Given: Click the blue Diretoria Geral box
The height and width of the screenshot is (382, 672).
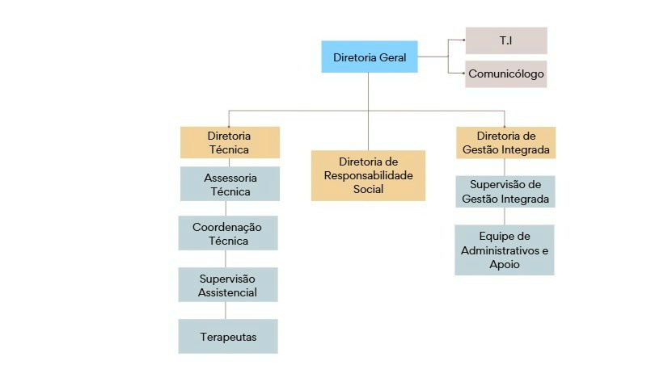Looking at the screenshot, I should (x=369, y=57).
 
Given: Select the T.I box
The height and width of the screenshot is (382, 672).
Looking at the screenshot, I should (x=506, y=40).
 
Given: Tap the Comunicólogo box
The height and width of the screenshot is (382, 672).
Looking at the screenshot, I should (x=506, y=74).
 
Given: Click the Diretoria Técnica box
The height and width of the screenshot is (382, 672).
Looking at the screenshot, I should (x=230, y=142).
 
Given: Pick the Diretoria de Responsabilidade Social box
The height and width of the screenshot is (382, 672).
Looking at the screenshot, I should (x=368, y=175).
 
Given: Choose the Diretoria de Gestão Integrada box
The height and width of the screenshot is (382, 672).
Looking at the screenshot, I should (x=505, y=142).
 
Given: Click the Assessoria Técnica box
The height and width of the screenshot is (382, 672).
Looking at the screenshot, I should (x=230, y=184).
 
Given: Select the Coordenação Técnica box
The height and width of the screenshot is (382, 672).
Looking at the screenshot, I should (x=227, y=233).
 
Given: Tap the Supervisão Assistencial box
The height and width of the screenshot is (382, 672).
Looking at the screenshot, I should (x=228, y=284).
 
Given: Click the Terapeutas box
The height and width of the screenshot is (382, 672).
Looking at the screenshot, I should (x=228, y=337).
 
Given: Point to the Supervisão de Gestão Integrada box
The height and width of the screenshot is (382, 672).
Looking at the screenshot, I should (x=505, y=192).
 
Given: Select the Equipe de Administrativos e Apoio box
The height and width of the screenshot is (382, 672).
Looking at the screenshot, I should (x=505, y=250).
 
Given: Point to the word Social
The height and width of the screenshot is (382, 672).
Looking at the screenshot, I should (x=368, y=189).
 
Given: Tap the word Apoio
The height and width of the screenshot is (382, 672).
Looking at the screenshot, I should (x=505, y=264).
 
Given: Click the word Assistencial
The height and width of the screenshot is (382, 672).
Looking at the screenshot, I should (x=228, y=292).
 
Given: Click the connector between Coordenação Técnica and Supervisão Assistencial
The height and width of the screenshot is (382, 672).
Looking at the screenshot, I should (x=227, y=259).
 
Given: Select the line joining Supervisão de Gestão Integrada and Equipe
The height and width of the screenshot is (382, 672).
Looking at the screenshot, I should (x=505, y=216).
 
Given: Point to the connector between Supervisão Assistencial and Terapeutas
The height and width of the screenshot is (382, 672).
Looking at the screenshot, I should (x=227, y=310).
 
